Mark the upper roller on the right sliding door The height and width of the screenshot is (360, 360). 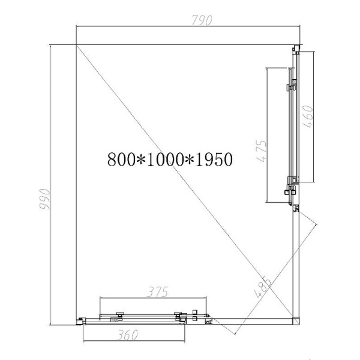pos(291,86)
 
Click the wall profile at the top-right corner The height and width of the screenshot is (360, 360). pos(297,48)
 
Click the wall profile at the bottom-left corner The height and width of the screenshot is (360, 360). pos(80,322)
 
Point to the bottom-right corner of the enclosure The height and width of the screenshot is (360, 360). pos(296,319)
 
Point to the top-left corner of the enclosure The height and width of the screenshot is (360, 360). pos(77,44)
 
